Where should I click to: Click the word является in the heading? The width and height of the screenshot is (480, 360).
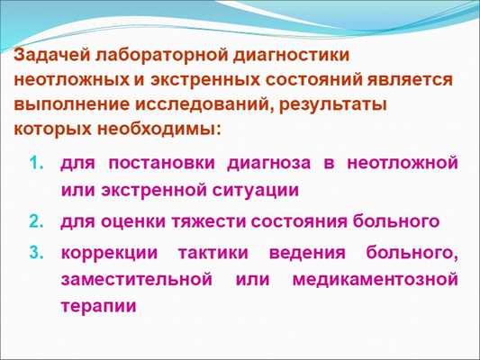tap(412, 79)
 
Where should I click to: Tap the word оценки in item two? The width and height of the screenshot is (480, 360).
tap(133, 220)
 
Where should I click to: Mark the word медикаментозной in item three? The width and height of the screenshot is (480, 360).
tap(375, 278)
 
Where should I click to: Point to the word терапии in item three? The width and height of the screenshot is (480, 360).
tap(99, 307)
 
